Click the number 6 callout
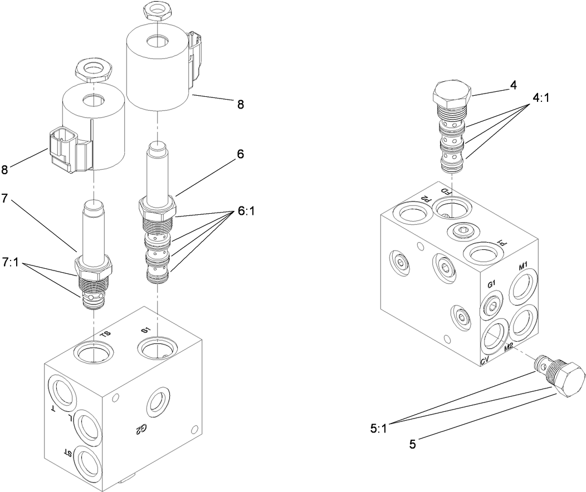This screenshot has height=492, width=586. (240, 155)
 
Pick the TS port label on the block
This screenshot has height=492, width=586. (105, 333)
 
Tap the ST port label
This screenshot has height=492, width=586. (67, 452)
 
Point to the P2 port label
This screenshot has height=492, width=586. (424, 198)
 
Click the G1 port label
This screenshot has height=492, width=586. (492, 285)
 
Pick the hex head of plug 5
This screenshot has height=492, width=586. (568, 381)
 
